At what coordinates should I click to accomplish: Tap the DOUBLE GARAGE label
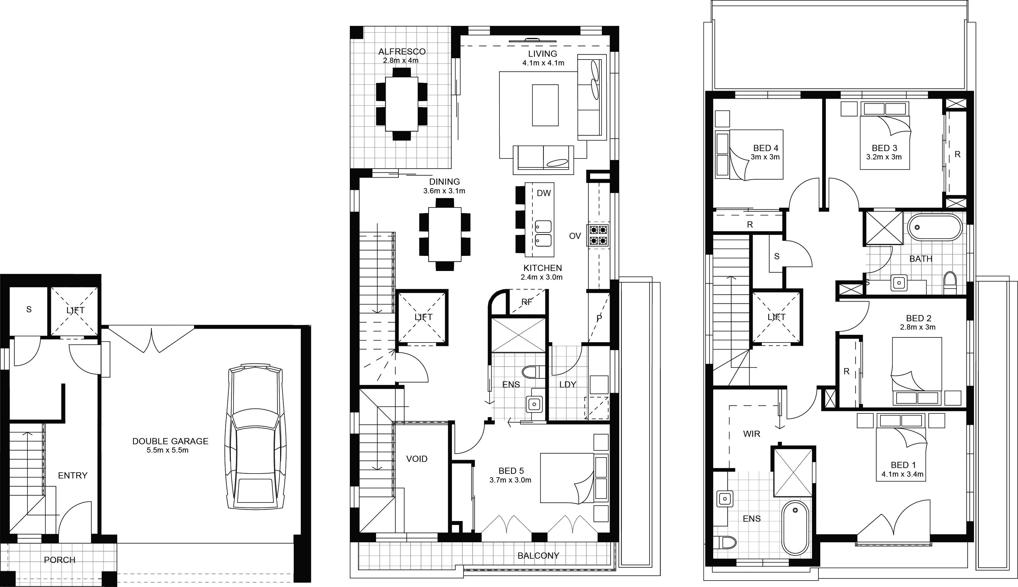tap(170, 441)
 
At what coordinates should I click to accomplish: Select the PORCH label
tap(60, 560)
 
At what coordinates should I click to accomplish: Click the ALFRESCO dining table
tap(401, 104)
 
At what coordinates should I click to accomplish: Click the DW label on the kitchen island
tap(544, 193)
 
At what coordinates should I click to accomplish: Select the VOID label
tap(417, 459)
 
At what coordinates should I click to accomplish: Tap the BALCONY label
tap(538, 556)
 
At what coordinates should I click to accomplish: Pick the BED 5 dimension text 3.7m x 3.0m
tap(510, 480)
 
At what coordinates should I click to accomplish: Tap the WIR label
tap(752, 434)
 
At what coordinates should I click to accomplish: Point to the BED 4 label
tap(766, 148)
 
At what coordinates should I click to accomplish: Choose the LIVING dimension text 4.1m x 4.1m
tap(543, 63)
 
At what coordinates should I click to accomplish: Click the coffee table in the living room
tap(545, 105)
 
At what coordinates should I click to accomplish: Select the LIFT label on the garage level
tap(75, 310)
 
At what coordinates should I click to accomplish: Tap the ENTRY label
tap(72, 475)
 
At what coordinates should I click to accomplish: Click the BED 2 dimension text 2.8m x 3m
tap(917, 327)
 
